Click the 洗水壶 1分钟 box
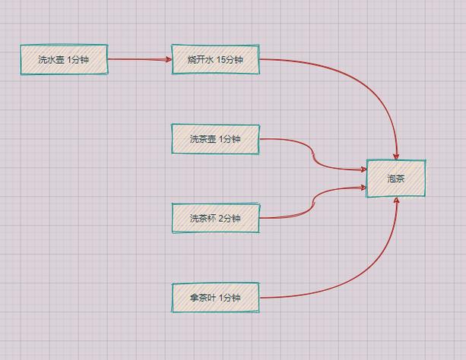point(64,59)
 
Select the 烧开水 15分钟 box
point(216,59)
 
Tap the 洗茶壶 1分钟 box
point(216,139)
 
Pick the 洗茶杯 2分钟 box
point(216,218)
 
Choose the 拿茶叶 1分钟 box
point(216,297)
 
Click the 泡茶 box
point(395,178)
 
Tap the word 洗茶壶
point(203,139)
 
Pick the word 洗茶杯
point(203,218)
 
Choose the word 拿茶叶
point(203,297)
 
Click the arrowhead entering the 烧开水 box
point(169,59)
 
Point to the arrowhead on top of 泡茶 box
point(396,155)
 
